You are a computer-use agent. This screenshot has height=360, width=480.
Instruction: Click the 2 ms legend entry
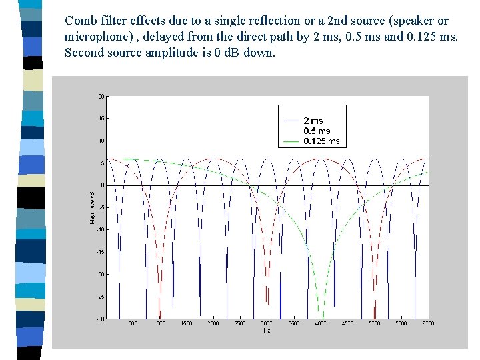point(313,121)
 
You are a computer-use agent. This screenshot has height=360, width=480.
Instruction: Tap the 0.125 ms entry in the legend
point(321,141)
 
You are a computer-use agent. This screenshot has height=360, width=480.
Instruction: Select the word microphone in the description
point(95,37)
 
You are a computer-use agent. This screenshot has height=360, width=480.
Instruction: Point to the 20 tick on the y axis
point(101,97)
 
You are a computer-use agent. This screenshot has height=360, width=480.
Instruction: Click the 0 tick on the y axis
point(102,185)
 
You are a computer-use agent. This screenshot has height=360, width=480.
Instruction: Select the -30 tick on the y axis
point(100,318)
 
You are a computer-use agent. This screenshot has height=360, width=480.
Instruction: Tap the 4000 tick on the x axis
point(321,323)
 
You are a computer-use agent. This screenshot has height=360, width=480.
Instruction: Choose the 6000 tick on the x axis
point(428,323)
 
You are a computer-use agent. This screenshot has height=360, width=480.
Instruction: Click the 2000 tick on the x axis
point(213,323)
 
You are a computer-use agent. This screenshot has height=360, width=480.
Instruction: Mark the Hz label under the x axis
point(267,331)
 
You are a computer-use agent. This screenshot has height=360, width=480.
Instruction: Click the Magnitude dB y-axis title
point(93,207)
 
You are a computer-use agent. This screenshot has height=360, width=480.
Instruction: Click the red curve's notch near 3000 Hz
point(267,307)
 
